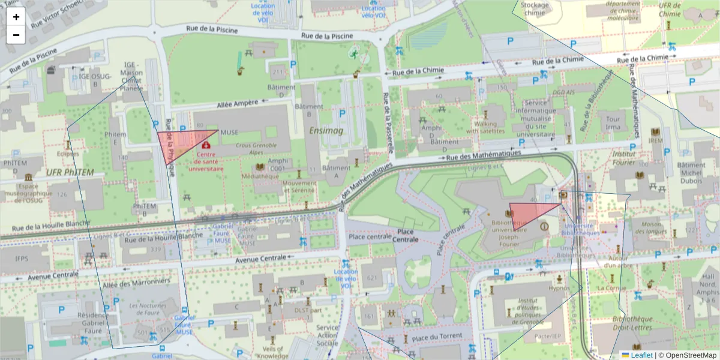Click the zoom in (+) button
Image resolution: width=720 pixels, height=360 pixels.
(x=16, y=17)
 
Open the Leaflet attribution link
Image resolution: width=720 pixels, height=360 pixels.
(x=641, y=355)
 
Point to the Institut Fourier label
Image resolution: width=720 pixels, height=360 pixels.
(x=623, y=157)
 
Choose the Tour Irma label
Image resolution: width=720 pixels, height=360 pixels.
(x=613, y=123)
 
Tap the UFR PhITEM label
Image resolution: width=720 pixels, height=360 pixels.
(x=70, y=173)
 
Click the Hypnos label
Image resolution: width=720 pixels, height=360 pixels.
(x=559, y=288)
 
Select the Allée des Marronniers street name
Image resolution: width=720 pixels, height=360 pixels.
(x=136, y=281)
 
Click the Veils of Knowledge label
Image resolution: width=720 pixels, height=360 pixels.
(x=272, y=352)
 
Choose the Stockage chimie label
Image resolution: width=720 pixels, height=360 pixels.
(x=536, y=9)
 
